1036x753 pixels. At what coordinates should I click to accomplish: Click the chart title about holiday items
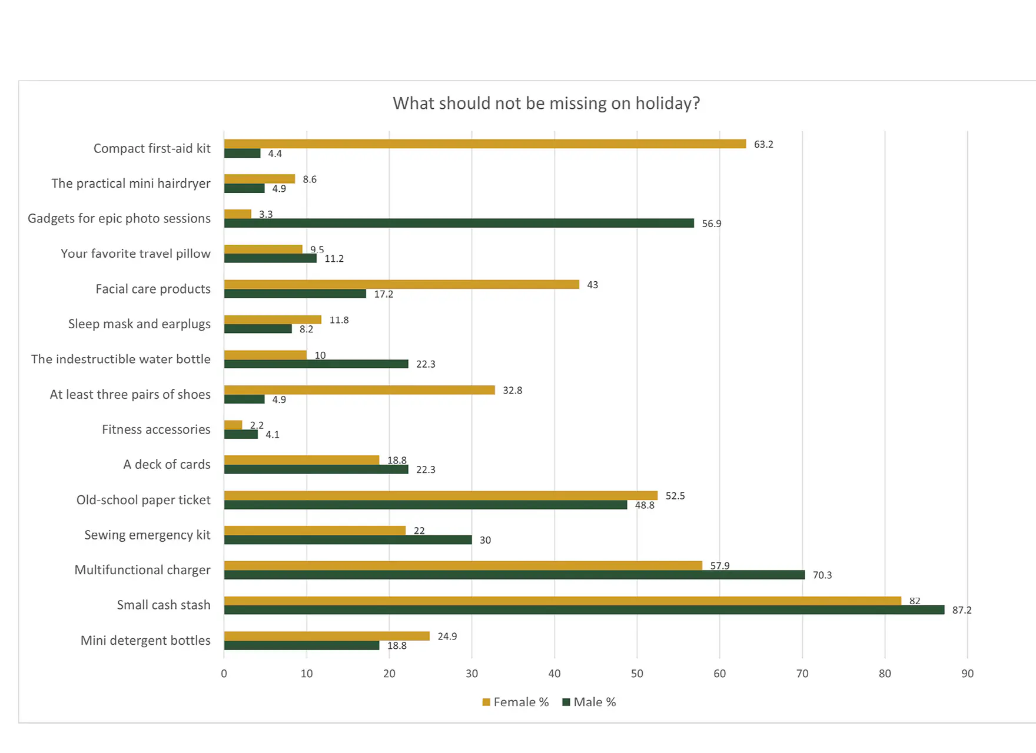(546, 104)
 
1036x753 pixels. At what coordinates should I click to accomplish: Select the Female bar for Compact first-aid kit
(484, 144)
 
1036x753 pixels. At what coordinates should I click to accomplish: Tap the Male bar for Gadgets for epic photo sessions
(459, 224)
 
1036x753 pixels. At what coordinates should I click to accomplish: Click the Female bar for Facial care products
(401, 285)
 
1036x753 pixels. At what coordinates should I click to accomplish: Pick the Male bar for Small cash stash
(584, 610)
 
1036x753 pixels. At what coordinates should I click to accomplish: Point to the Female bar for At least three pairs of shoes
(359, 390)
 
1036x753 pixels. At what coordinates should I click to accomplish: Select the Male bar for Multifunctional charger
(514, 575)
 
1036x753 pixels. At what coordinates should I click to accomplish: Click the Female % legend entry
(516, 702)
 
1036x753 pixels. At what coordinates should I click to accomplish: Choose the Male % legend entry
(590, 702)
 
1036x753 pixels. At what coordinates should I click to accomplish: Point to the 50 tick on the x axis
(637, 674)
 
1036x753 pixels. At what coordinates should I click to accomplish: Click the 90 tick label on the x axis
(967, 674)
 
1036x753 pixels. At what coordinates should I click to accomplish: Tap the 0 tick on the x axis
(224, 674)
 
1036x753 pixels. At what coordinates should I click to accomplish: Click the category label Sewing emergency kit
(147, 535)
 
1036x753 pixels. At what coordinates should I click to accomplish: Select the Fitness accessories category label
(156, 429)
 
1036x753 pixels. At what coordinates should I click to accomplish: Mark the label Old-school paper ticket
(143, 500)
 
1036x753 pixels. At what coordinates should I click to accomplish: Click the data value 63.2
(763, 145)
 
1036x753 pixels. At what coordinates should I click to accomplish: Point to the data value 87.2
(962, 611)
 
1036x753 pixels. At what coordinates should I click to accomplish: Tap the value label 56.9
(711, 224)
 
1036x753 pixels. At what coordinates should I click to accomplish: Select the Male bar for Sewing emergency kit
(348, 540)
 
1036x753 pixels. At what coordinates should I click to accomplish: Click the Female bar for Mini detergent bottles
(327, 636)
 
